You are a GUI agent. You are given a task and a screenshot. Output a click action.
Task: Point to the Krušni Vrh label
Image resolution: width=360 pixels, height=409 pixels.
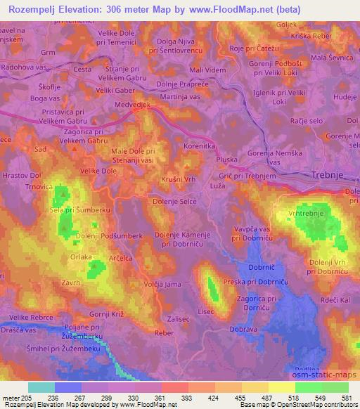(179, 179)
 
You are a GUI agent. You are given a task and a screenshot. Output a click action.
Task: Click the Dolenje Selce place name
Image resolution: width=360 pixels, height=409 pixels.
(175, 202)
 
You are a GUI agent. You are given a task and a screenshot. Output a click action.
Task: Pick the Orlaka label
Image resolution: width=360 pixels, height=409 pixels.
(82, 257)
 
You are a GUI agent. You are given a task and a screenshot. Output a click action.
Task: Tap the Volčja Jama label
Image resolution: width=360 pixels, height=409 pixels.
(159, 285)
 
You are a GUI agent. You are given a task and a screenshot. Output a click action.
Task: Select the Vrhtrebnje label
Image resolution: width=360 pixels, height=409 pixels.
(305, 212)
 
